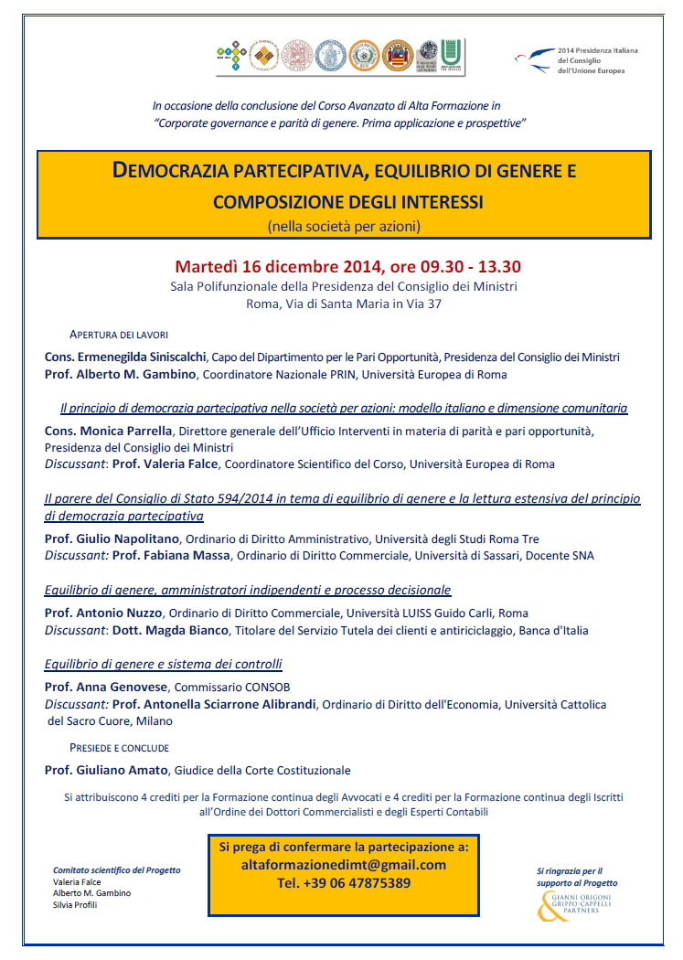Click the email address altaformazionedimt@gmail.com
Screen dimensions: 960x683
(343, 865)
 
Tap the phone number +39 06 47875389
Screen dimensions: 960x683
(343, 883)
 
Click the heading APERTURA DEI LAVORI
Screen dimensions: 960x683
(119, 335)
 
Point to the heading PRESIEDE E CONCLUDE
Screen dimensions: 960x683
(120, 747)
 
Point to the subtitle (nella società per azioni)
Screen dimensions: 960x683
(344, 225)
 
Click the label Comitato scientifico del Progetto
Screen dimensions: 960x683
(116, 870)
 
